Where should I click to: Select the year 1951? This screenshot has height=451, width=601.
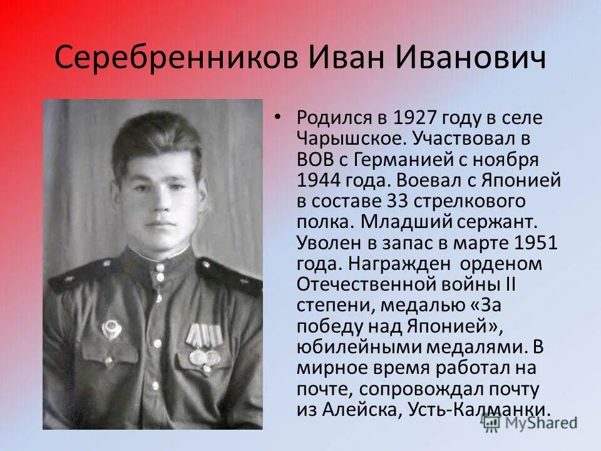pyautogui.click(x=534, y=242)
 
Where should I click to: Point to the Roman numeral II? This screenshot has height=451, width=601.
pyautogui.click(x=510, y=284)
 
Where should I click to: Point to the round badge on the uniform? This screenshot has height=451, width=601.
pyautogui.click(x=111, y=328)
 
